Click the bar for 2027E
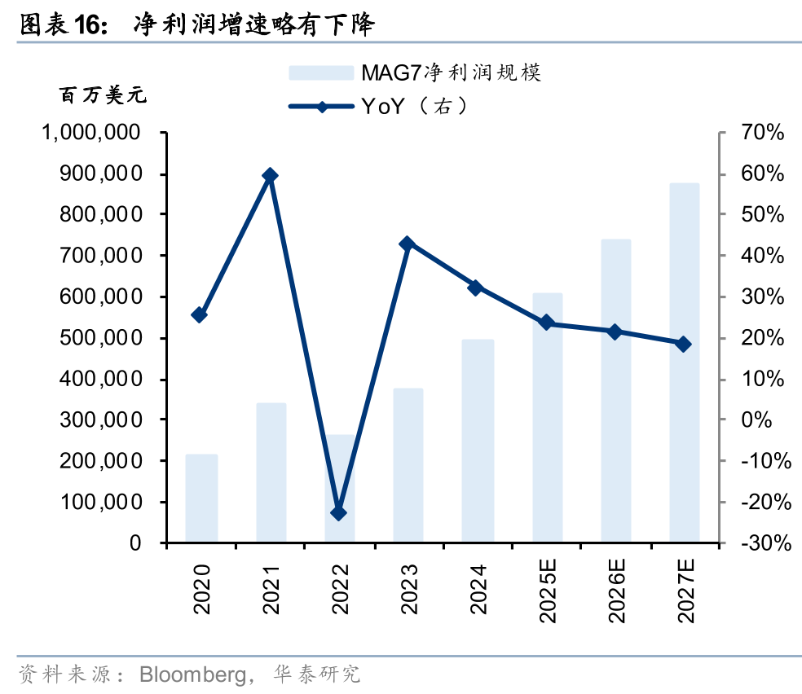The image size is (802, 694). [684, 362]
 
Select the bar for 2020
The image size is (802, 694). [201, 498]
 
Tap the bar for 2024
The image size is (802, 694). [478, 440]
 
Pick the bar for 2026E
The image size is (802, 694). [616, 390]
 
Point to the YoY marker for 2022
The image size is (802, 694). [339, 512]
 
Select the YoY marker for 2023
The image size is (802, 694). [408, 244]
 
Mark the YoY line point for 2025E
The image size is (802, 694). [547, 323]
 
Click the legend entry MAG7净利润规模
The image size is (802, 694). [416, 72]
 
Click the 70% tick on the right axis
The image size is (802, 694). [762, 133]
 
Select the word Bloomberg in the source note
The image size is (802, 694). [192, 674]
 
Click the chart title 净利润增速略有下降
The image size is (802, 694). [253, 25]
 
